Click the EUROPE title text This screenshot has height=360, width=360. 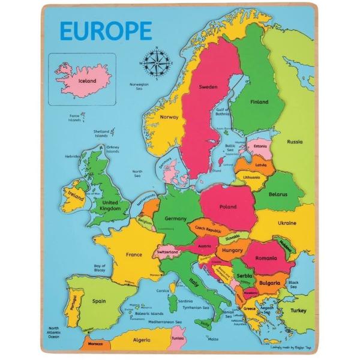(105, 31)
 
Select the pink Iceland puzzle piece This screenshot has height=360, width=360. (83, 80)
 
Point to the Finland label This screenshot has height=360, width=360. (259, 102)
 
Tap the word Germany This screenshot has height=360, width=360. (175, 219)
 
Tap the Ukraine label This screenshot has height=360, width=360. (287, 223)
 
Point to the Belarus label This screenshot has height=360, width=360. (278, 194)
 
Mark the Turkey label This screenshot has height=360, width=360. (298, 310)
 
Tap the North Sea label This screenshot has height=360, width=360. (137, 173)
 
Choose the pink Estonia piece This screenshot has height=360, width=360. (259, 146)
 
